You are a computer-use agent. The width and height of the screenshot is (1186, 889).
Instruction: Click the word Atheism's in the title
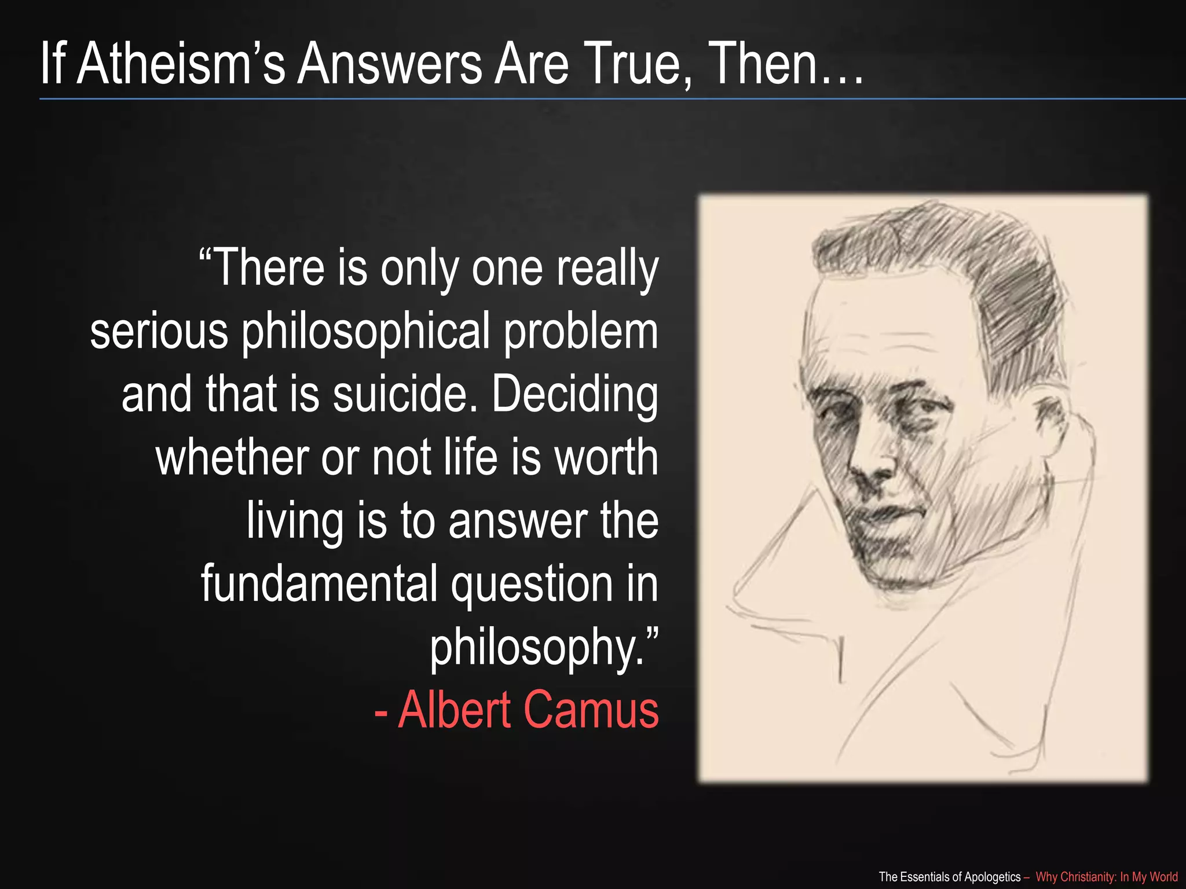[181, 64]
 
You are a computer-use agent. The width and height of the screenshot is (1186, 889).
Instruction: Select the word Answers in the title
[389, 64]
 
